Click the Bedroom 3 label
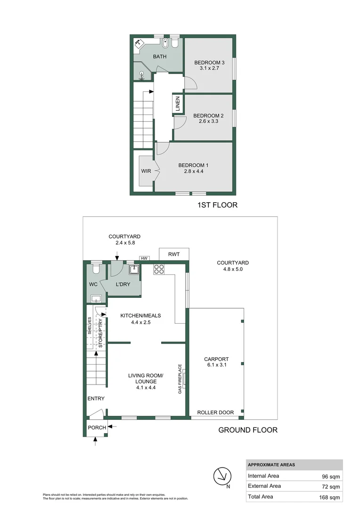[x=209, y=62]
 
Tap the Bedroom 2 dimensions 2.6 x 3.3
[x=208, y=121]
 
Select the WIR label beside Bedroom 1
[x=146, y=171]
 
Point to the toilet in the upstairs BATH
[x=175, y=43]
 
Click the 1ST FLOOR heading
[x=218, y=205]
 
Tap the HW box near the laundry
[x=143, y=258]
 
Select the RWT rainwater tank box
[x=174, y=254]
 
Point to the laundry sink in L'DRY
[x=134, y=269]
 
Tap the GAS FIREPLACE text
[x=180, y=378]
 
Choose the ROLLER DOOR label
[x=215, y=412]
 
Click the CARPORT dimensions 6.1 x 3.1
[x=217, y=364]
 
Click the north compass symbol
[x=222, y=476]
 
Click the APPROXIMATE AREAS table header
[x=271, y=465]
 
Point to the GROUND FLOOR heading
[x=248, y=430]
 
